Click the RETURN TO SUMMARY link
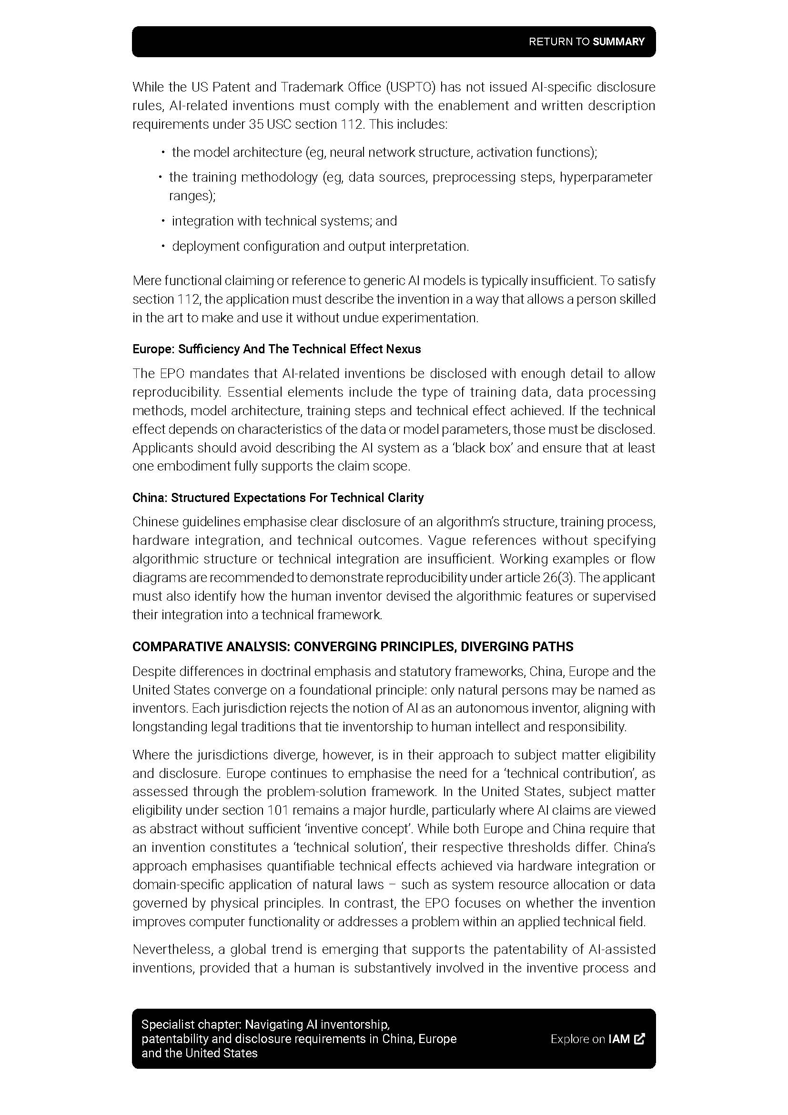(586, 42)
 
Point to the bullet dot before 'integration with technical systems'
(163, 222)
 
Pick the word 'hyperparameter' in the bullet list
(606, 177)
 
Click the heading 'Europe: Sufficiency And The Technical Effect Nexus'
(277, 349)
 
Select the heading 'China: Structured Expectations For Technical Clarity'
(278, 498)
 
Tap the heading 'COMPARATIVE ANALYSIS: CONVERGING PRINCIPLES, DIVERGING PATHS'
(353, 647)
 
